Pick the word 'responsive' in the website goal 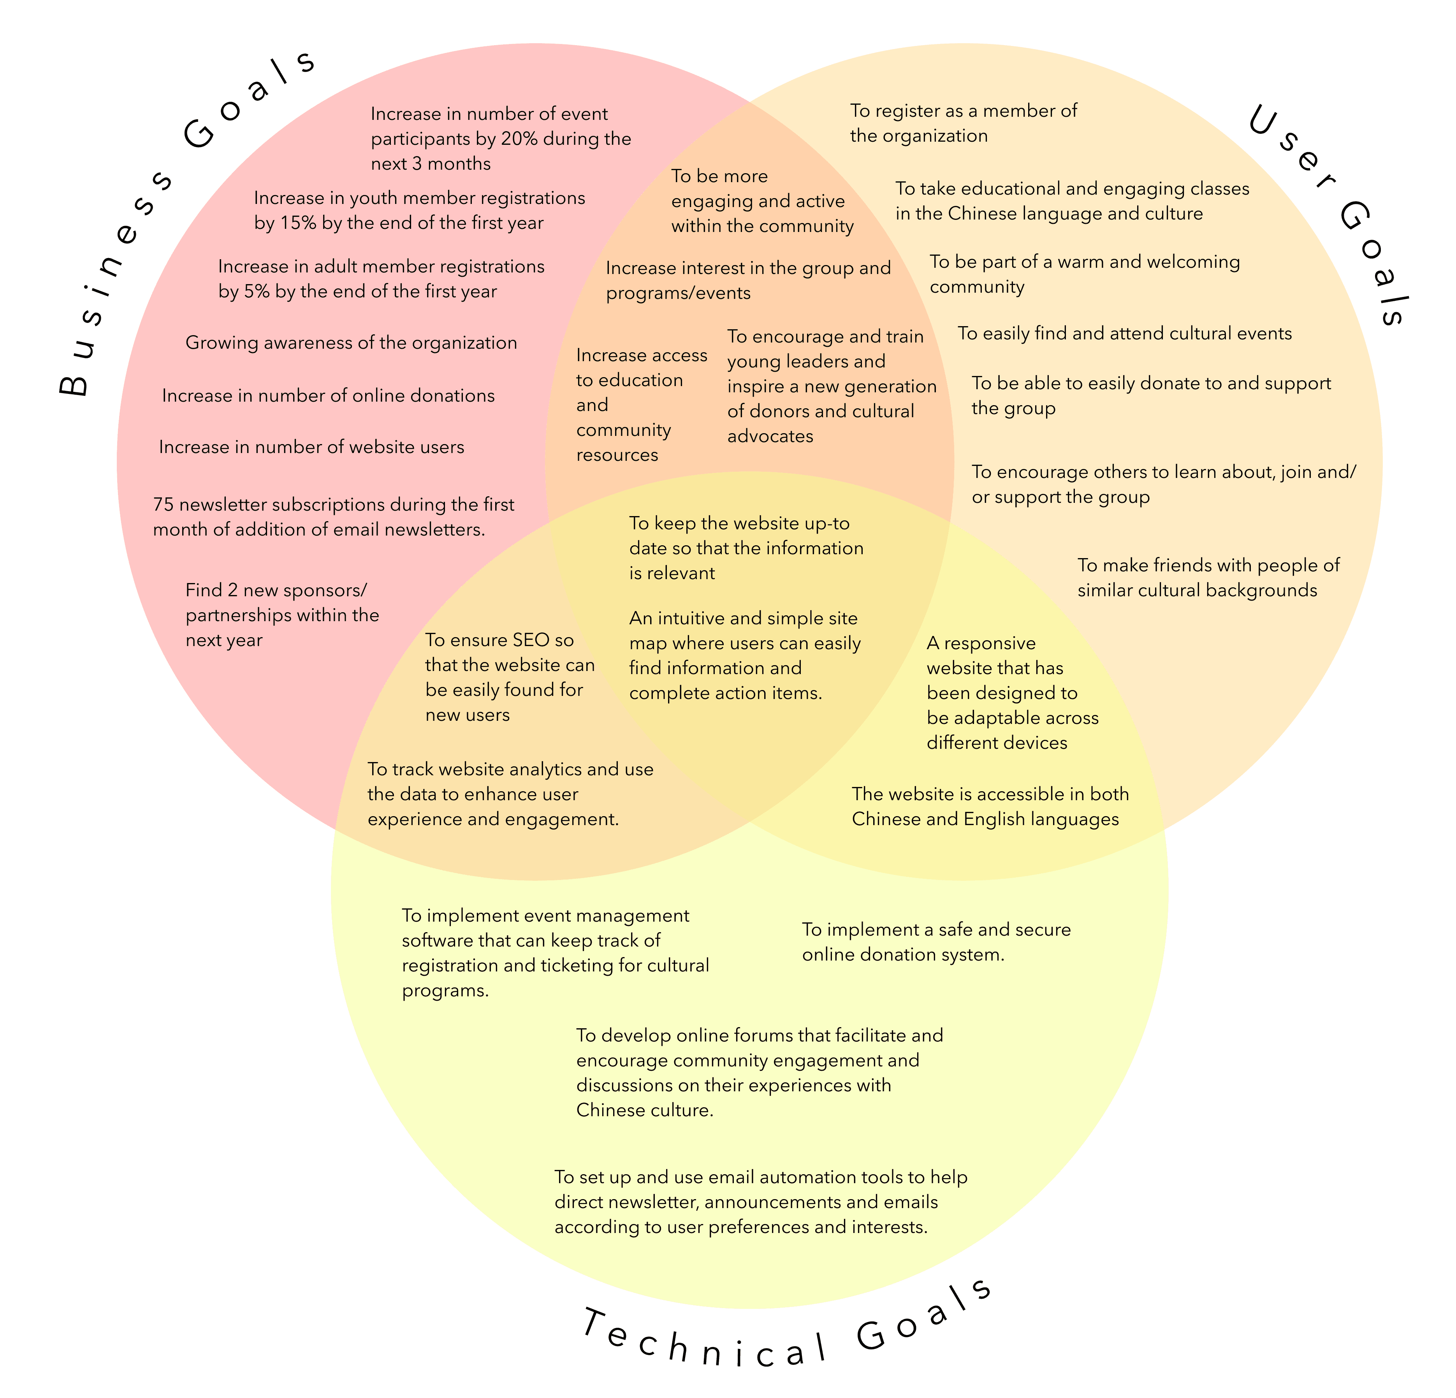coord(990,643)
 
